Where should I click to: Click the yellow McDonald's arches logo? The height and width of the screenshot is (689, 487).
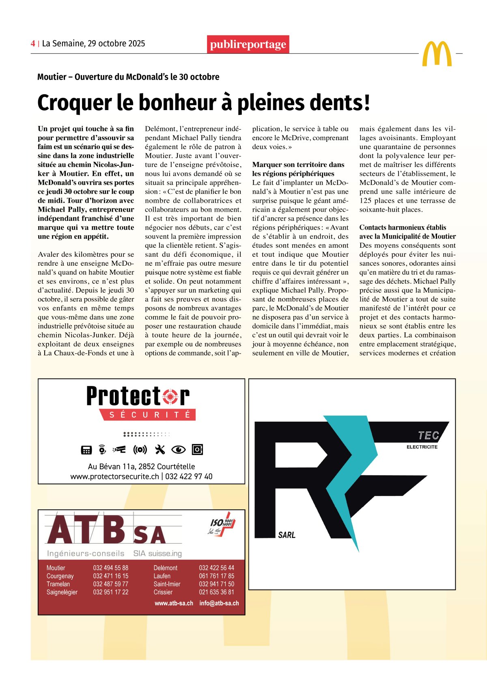pos(437,54)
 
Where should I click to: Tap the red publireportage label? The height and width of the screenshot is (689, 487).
pos(248,44)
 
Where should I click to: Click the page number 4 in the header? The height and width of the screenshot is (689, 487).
pos(32,43)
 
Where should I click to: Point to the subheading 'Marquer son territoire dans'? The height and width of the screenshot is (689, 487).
pos(298,165)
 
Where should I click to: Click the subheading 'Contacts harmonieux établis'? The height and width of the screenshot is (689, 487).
pos(402,227)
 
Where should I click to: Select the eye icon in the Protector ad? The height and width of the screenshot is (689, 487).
pos(178,449)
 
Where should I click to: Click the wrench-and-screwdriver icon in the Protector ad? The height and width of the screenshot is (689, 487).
pos(160,449)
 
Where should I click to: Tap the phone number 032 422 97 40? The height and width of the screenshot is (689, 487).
pos(189,476)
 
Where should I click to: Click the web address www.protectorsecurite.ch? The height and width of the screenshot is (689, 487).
pos(114,476)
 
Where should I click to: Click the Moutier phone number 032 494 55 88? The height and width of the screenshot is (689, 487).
pos(110,568)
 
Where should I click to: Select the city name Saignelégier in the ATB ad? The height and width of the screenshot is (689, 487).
pos(62,592)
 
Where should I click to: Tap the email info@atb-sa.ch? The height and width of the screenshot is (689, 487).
pos(219,603)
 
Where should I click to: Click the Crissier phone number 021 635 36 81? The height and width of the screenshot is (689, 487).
pos(216,592)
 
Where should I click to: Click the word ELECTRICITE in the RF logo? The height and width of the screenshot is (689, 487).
pos(422,447)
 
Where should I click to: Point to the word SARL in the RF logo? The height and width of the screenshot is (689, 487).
pos(287,535)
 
